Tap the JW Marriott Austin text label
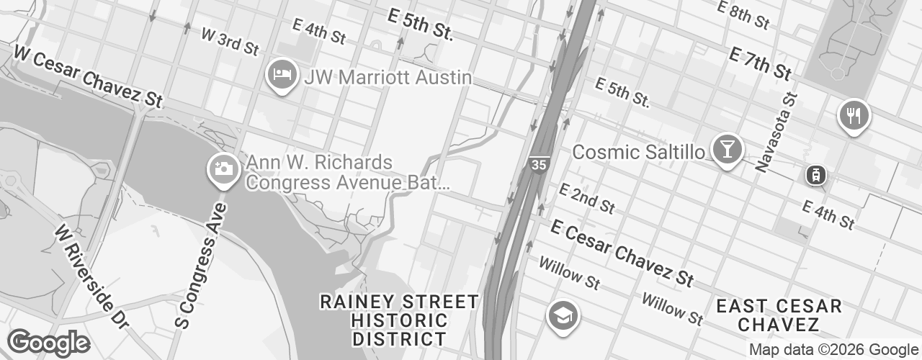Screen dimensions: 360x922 (388, 77)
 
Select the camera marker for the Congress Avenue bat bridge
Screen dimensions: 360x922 (223, 170)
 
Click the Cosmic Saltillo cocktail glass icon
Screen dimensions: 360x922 (727, 149)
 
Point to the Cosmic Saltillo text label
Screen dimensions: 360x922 (637, 152)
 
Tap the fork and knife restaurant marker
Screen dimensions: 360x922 (854, 115)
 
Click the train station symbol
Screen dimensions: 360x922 (816, 175)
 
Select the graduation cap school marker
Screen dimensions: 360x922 (563, 315)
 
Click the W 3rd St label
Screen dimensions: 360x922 (230, 42)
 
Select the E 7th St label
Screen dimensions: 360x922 (760, 63)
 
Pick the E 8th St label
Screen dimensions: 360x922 (743, 15)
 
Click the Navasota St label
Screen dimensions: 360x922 (777, 132)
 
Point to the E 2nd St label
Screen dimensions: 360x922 (587, 198)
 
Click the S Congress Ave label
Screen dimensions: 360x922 (201, 266)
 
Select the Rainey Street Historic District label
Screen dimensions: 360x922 (399, 320)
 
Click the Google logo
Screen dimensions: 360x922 (48, 343)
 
